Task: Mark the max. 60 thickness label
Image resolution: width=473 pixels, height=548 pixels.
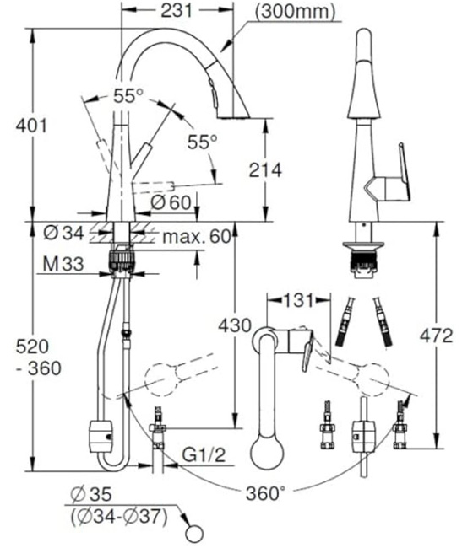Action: click(x=195, y=235)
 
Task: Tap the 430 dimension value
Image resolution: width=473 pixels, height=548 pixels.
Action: click(x=233, y=323)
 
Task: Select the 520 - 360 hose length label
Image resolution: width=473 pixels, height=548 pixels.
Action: click(x=32, y=357)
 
